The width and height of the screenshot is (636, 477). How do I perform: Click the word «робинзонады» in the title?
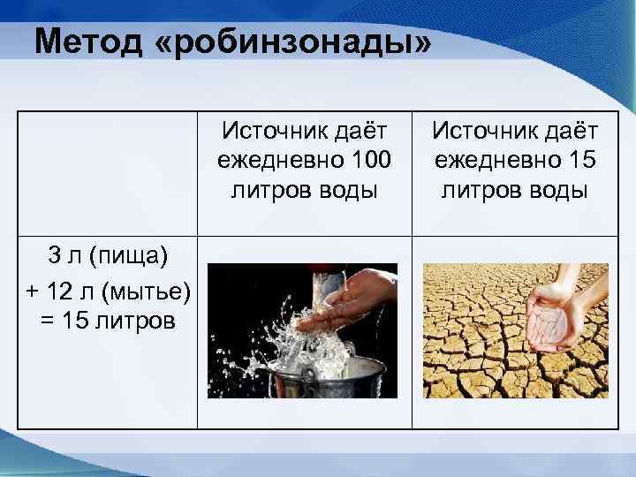(292, 42)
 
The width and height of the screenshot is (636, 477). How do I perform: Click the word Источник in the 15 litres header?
(481, 132)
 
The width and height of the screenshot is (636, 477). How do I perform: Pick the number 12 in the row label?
(53, 288)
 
